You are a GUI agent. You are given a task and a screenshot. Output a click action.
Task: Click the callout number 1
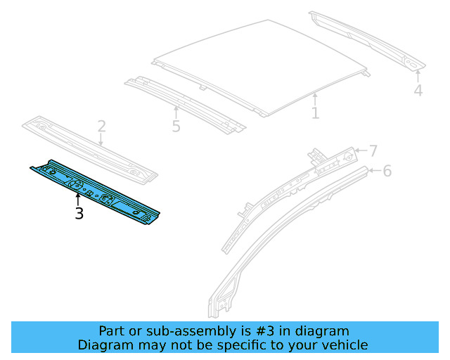click(x=315, y=112)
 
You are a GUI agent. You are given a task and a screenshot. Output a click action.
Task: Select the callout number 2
click(x=101, y=127)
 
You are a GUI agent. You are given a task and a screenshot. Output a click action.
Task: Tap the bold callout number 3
click(x=79, y=214)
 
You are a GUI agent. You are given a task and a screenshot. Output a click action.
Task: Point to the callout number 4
click(x=418, y=91)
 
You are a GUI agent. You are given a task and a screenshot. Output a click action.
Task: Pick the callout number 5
click(x=176, y=127)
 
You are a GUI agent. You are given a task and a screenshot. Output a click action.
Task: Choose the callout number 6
click(x=387, y=171)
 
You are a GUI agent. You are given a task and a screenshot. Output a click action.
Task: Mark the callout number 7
click(x=373, y=150)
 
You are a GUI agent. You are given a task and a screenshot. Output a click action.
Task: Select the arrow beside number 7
click(x=359, y=150)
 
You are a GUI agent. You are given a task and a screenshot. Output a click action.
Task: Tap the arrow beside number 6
click(x=373, y=170)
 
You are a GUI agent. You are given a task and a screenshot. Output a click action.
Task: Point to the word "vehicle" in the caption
click(x=343, y=345)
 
